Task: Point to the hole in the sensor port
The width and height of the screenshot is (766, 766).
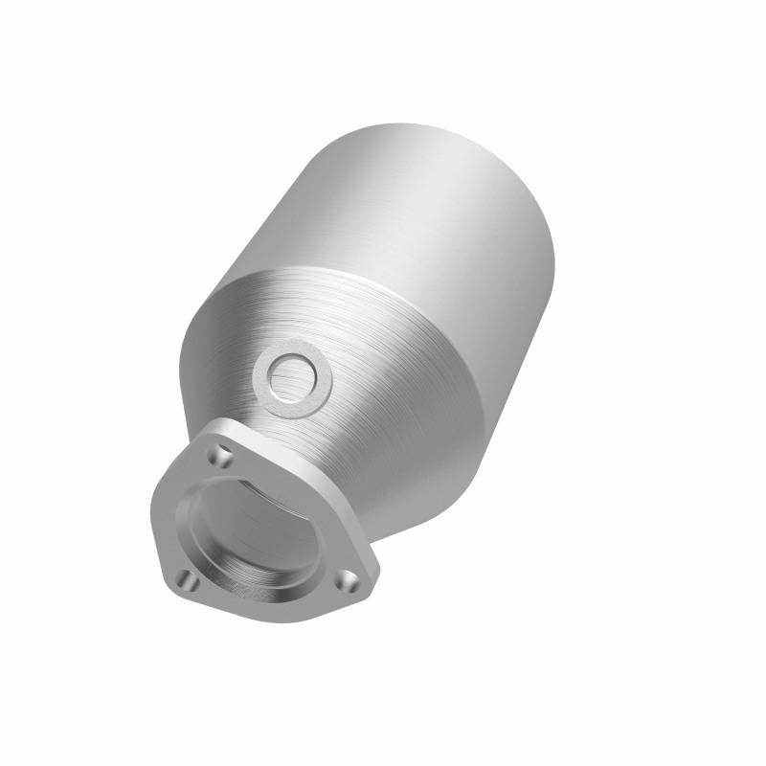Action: [291, 376]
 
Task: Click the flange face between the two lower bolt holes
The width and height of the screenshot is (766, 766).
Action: [268, 603]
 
